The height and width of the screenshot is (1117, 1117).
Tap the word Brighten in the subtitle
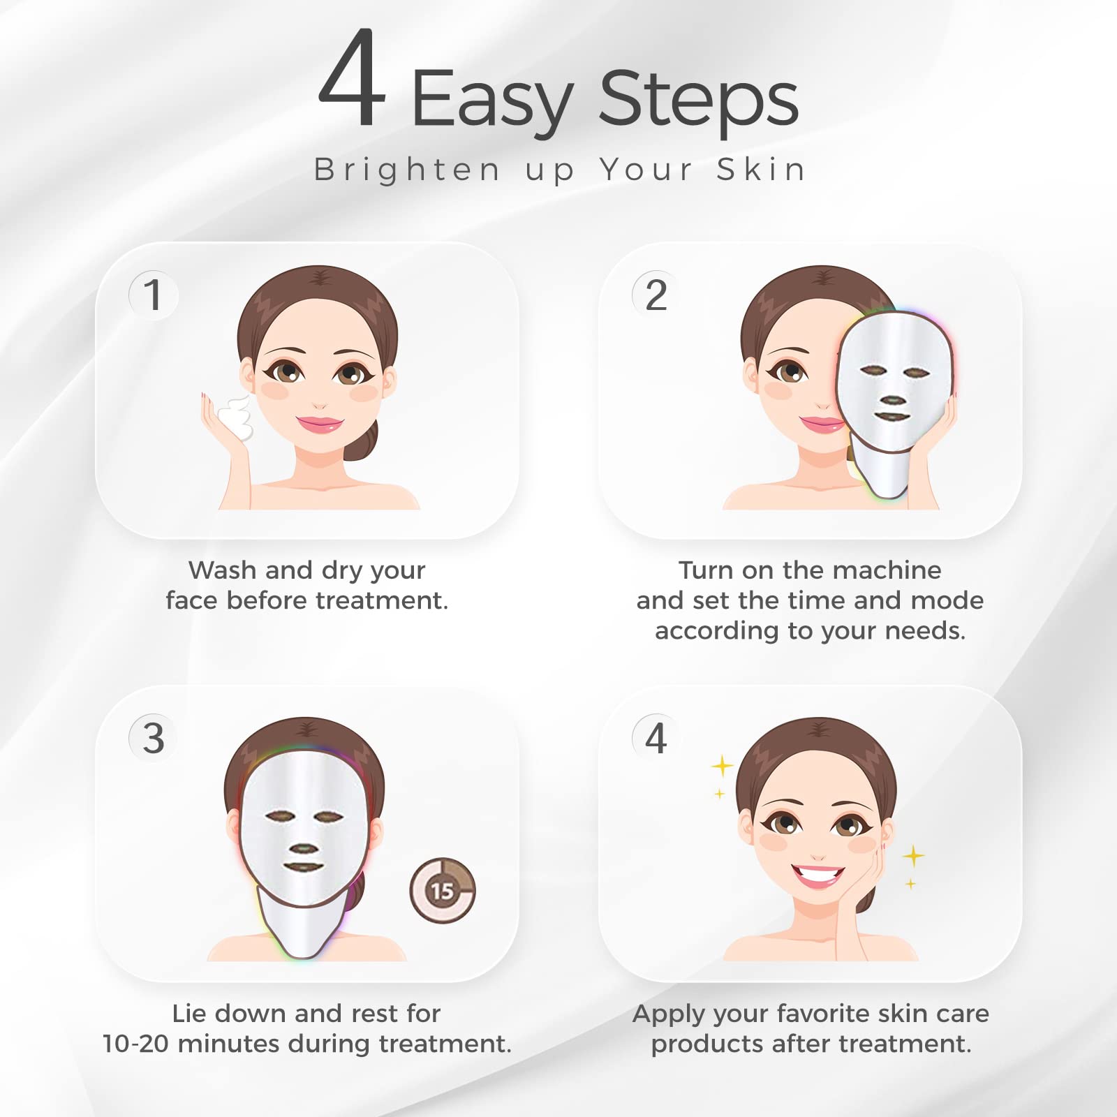(x=407, y=170)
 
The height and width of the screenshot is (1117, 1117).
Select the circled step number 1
(x=154, y=295)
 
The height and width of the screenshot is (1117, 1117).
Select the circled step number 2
(x=656, y=295)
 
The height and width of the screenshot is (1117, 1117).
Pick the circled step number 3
(x=154, y=738)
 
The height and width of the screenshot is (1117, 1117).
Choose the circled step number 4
(x=656, y=738)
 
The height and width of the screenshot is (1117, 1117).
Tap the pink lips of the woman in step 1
(x=319, y=424)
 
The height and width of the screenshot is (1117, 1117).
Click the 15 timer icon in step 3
(x=442, y=891)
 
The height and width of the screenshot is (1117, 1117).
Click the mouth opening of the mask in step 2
(x=892, y=417)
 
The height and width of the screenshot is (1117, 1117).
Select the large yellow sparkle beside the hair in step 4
(x=722, y=767)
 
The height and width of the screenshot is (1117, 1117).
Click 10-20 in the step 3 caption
(x=136, y=1044)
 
